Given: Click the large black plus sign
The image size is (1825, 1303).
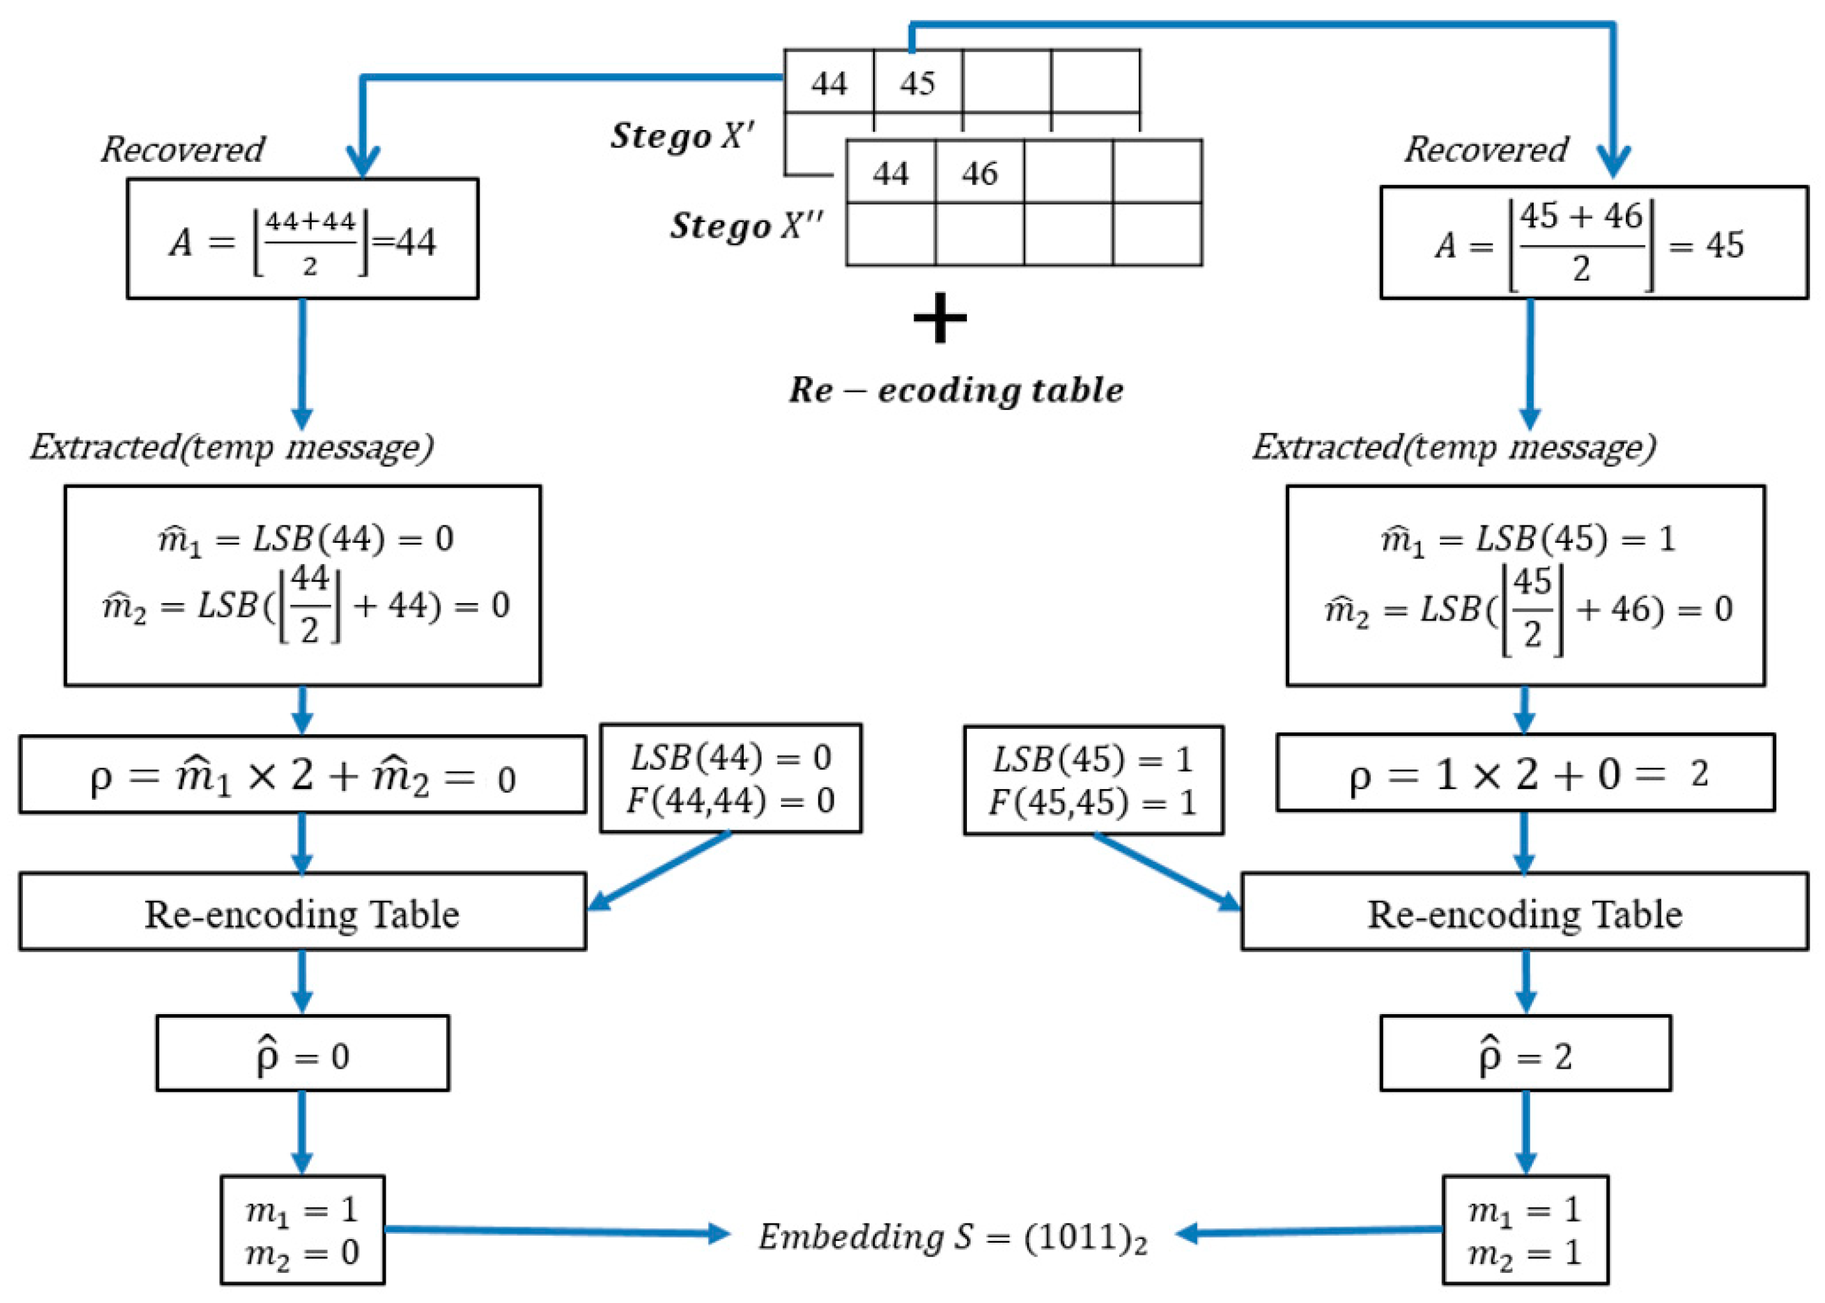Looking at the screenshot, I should [939, 318].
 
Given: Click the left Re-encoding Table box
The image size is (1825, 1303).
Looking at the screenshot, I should [303, 913].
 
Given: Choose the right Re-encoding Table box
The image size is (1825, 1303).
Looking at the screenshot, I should [1524, 913].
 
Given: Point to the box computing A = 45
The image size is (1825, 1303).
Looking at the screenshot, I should [1593, 243].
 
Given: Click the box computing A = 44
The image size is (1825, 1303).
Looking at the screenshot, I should [303, 239].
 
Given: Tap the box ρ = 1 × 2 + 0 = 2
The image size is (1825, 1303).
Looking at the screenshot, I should [1525, 773].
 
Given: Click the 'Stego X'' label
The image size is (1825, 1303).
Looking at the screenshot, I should [682, 135].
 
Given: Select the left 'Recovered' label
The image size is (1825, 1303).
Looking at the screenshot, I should [183, 149].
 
